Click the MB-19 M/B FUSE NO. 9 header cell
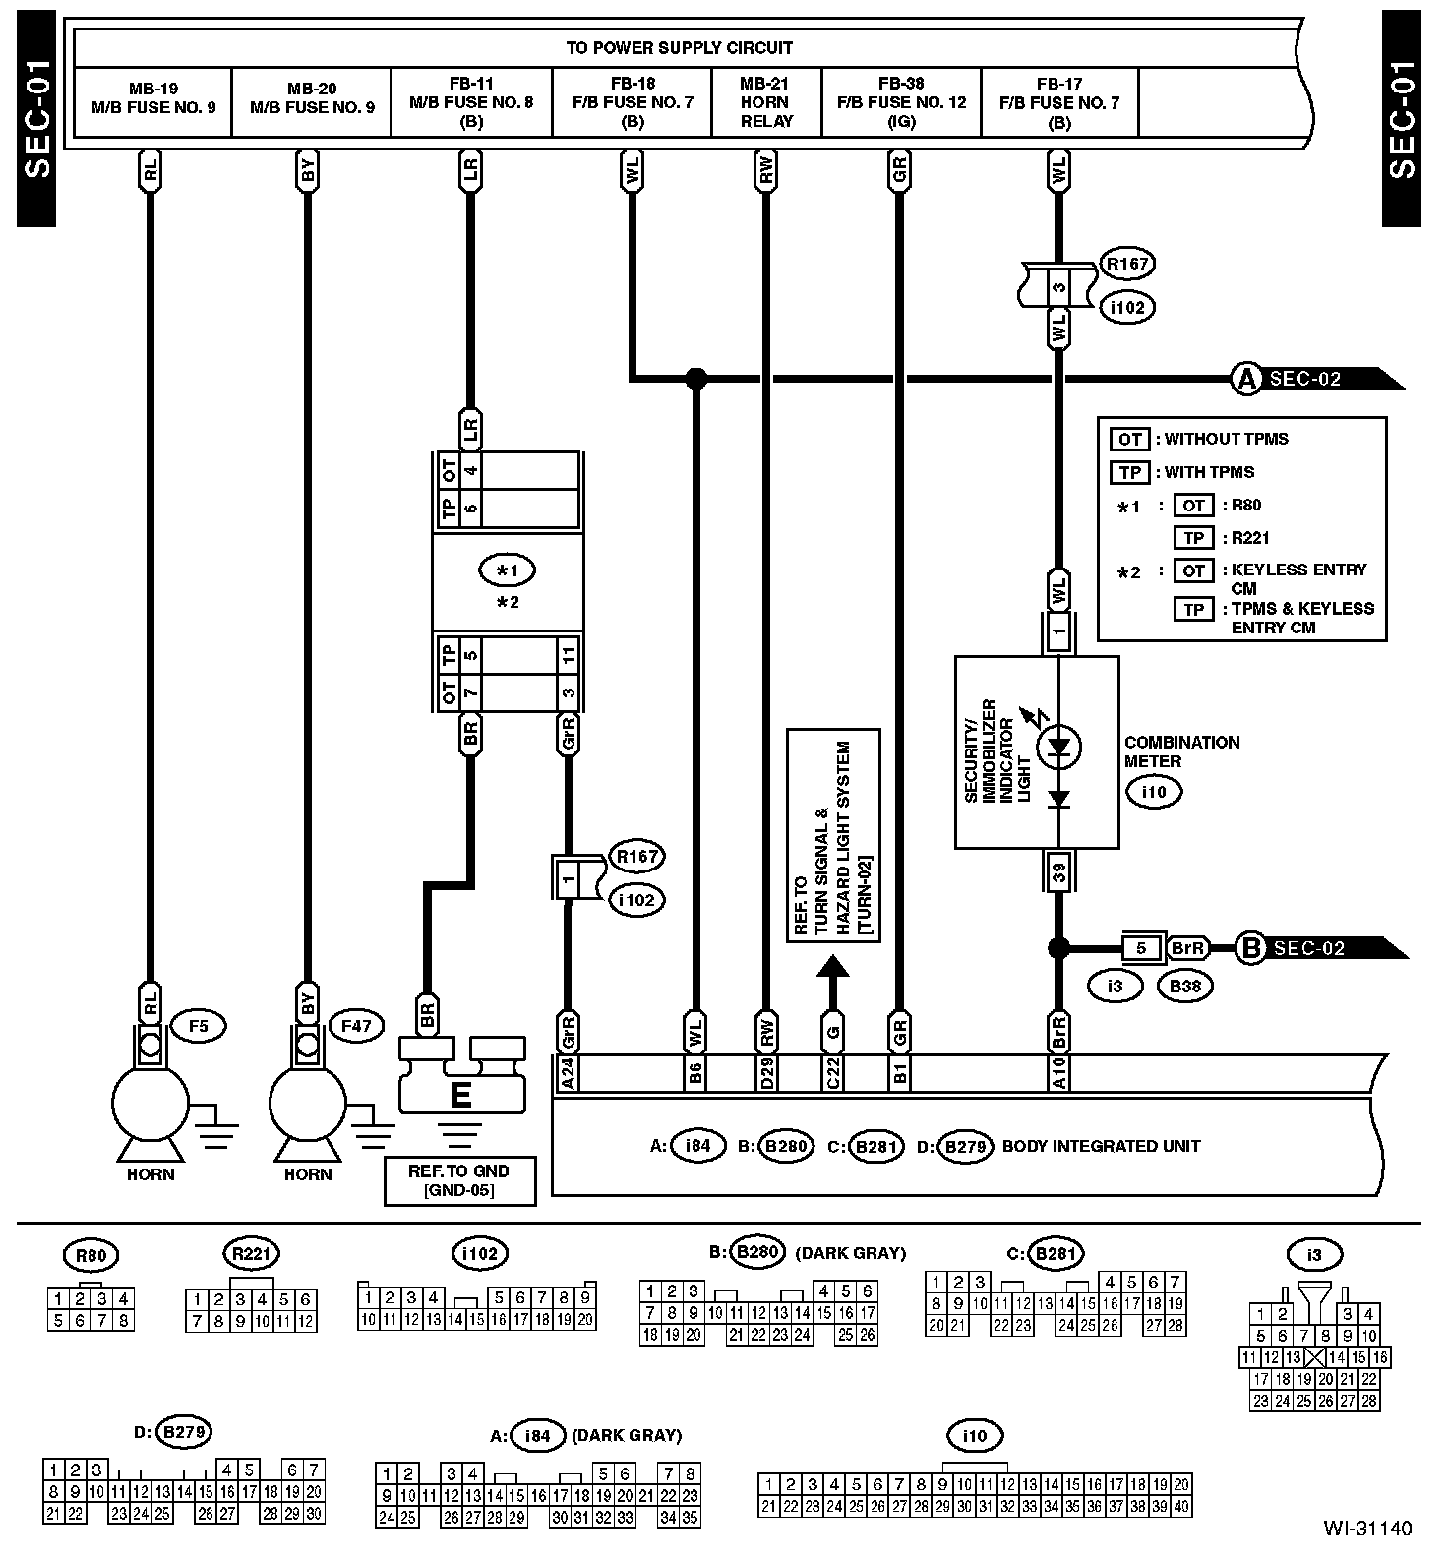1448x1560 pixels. point(153,98)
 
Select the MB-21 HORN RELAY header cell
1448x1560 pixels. point(765,102)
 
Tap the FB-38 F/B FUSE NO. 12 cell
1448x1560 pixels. point(901,102)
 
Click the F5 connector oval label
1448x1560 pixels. point(199,1027)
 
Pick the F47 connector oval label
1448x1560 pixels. point(356,1027)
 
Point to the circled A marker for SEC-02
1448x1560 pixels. point(1246,379)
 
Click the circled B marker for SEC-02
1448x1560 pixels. point(1250,948)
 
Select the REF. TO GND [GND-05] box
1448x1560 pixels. point(459,1180)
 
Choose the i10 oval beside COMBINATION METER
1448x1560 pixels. point(1154,791)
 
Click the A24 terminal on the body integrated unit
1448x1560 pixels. point(568,1073)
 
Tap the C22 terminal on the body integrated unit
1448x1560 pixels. point(833,1073)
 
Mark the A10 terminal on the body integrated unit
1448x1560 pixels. point(1058,1073)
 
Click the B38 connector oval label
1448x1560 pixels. point(1185,986)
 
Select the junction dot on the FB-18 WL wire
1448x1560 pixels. point(695,378)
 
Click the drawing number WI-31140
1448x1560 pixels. point(1366,1529)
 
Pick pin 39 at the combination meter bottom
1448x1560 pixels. point(1058,870)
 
